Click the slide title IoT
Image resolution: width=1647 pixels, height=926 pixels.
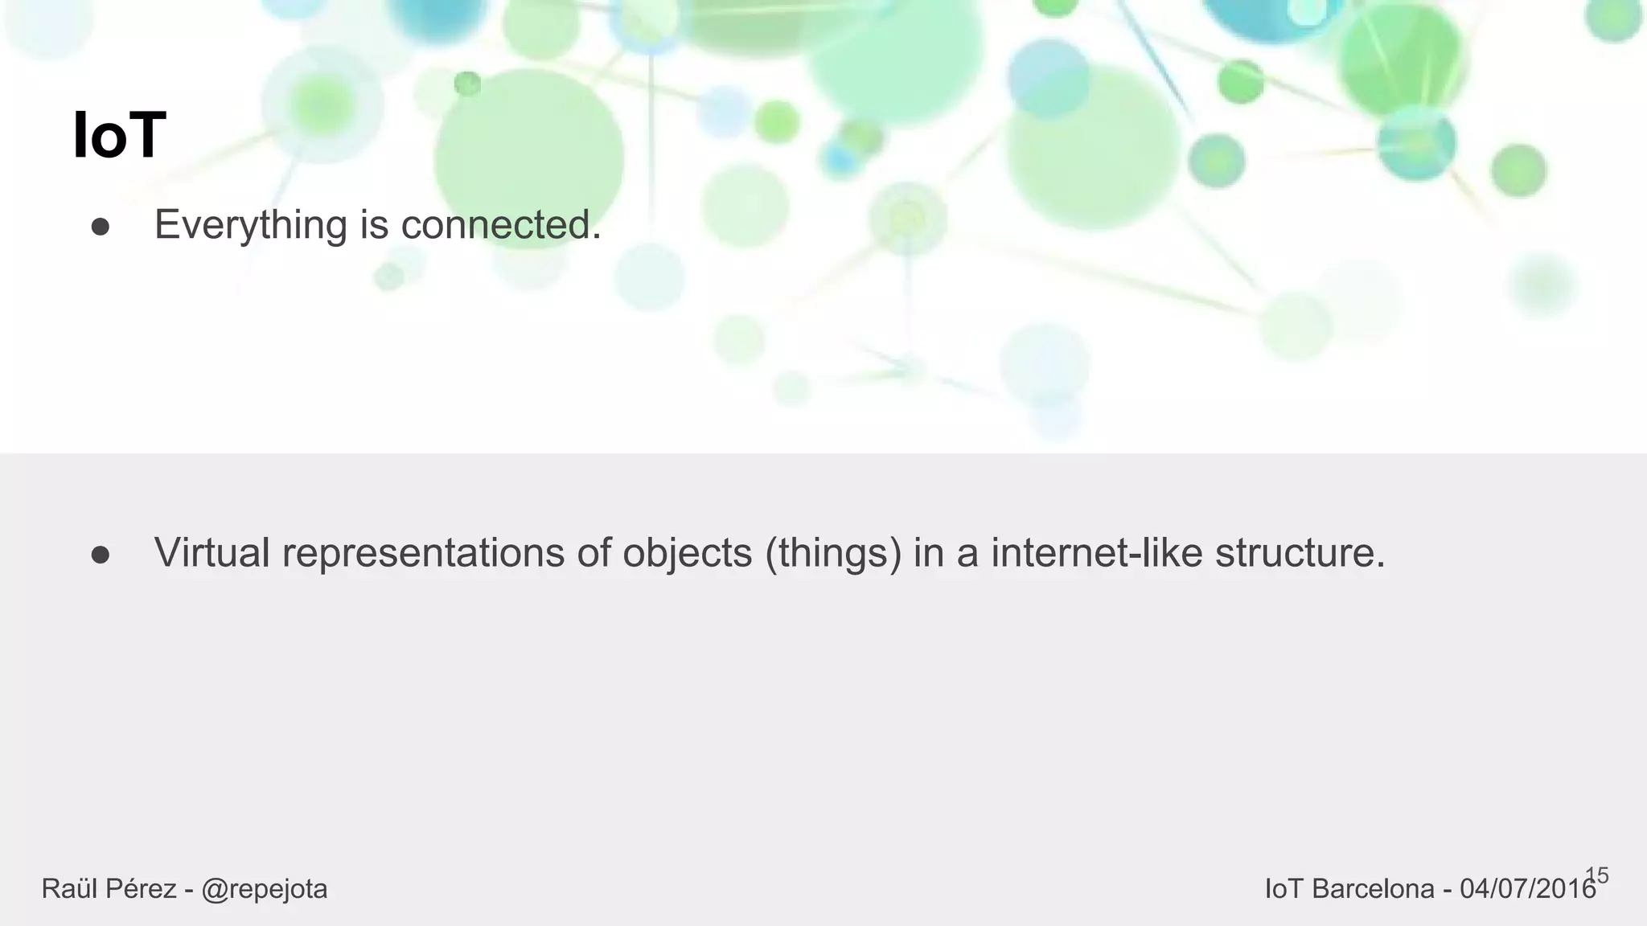pos(119,136)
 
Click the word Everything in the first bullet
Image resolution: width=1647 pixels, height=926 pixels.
pos(250,224)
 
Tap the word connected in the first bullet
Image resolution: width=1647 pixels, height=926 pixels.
pos(500,224)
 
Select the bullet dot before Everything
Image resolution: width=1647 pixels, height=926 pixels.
pos(101,227)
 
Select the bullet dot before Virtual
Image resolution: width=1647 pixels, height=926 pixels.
pos(101,555)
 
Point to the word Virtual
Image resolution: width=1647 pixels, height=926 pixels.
pos(212,553)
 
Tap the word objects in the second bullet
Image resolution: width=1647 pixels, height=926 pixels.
pos(687,553)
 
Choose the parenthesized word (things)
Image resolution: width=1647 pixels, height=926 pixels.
pos(833,553)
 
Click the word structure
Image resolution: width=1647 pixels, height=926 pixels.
pos(1300,553)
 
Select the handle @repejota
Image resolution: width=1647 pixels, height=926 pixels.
pos(264,889)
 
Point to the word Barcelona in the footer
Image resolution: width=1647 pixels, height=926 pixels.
pos(1373,889)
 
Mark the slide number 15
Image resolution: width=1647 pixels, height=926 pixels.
pos(1596,875)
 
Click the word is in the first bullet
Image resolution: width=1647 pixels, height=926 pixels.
pos(374,224)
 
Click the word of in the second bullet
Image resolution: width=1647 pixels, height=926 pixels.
pos(593,553)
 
